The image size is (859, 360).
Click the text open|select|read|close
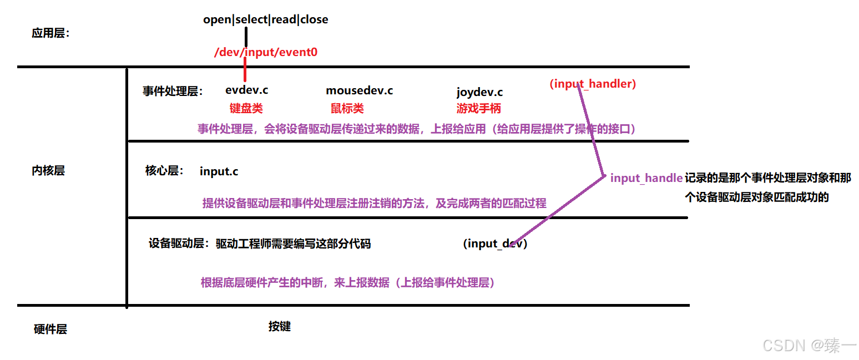(x=265, y=19)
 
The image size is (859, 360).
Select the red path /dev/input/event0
(x=266, y=52)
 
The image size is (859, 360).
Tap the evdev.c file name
(x=246, y=89)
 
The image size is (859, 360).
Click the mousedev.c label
(x=359, y=90)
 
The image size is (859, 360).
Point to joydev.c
(x=479, y=92)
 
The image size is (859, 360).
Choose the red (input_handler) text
(x=593, y=84)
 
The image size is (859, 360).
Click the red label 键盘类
(x=246, y=108)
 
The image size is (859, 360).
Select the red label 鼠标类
(x=347, y=108)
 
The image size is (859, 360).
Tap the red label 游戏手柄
(x=478, y=108)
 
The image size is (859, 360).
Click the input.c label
(x=219, y=171)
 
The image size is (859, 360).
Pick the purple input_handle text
(x=646, y=178)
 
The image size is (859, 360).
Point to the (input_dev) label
(x=494, y=244)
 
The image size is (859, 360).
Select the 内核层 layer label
(x=48, y=171)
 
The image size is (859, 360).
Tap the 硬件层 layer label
(x=50, y=329)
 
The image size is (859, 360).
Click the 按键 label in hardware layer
(x=279, y=326)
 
